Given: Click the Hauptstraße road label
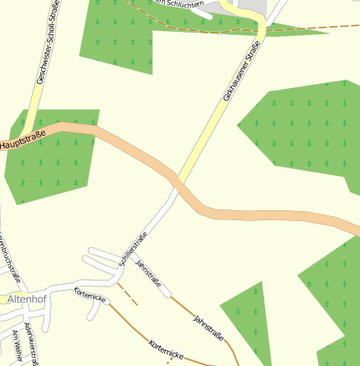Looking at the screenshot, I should tap(22, 142).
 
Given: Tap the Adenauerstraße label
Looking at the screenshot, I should tap(32, 343).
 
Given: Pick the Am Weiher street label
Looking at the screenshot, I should tap(16, 348).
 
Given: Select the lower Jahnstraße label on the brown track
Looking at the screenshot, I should tap(208, 328).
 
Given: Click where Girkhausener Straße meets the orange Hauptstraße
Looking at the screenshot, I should tap(176, 178).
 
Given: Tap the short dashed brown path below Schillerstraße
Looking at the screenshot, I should tap(126, 293).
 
